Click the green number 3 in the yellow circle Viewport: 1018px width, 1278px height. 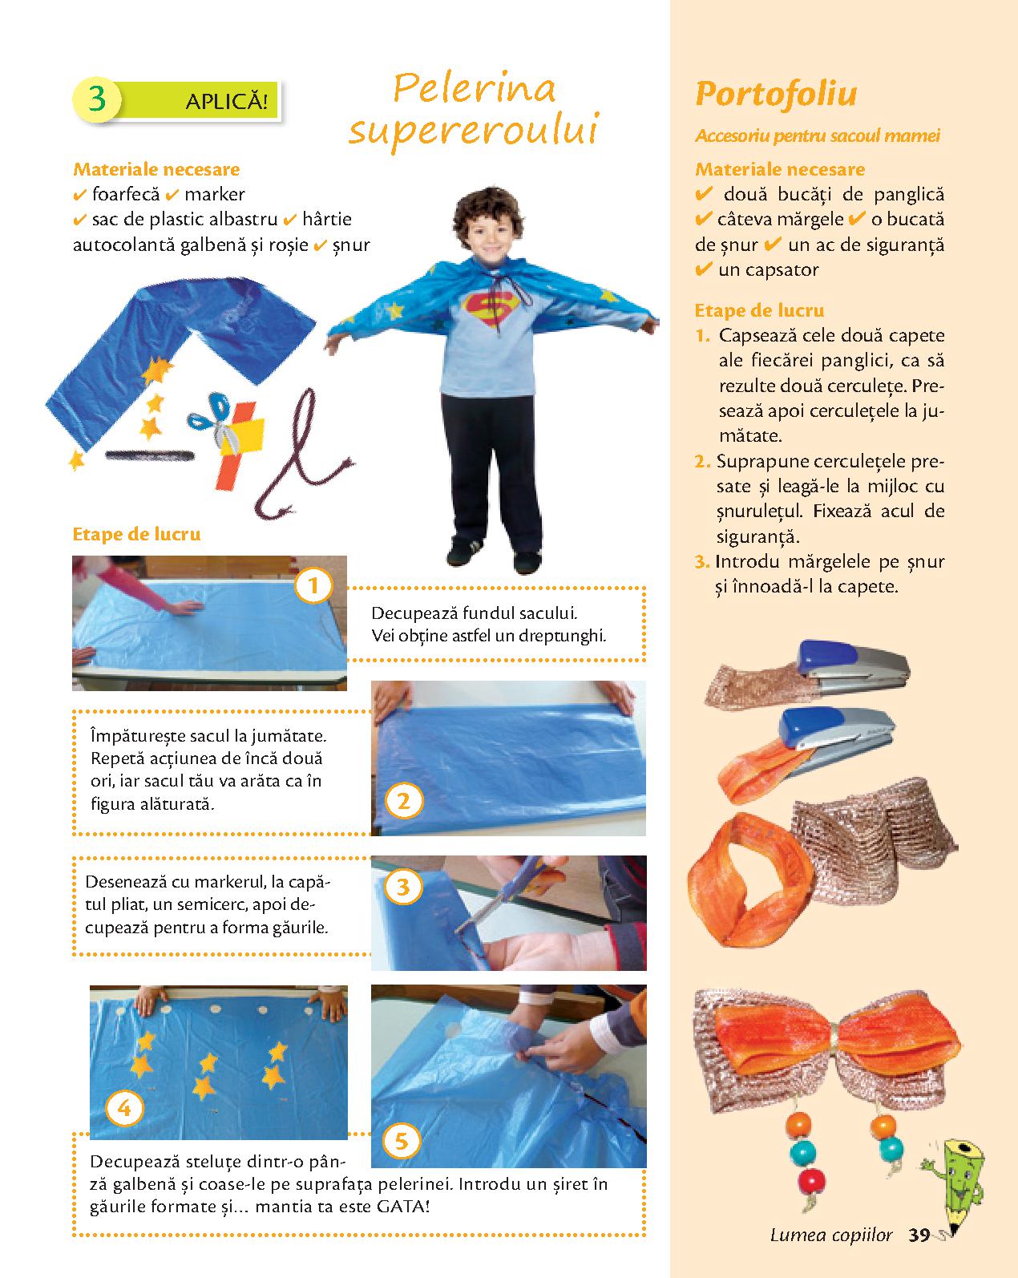point(97,99)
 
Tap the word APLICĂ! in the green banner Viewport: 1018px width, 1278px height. point(226,102)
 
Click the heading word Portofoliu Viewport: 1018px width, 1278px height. point(776,95)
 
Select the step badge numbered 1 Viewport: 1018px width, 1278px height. point(313,585)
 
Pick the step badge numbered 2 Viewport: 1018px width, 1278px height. point(404,801)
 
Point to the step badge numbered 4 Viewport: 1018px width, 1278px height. point(124,1108)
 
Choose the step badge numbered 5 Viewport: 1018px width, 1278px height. point(402,1141)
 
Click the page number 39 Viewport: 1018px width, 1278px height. point(919,1235)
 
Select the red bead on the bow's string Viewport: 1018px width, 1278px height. point(810,1181)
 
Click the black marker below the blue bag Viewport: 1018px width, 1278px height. point(150,455)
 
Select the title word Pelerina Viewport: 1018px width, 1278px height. point(475,88)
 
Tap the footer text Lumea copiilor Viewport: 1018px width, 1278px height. point(831,1236)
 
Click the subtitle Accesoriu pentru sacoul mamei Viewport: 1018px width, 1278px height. point(818,136)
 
